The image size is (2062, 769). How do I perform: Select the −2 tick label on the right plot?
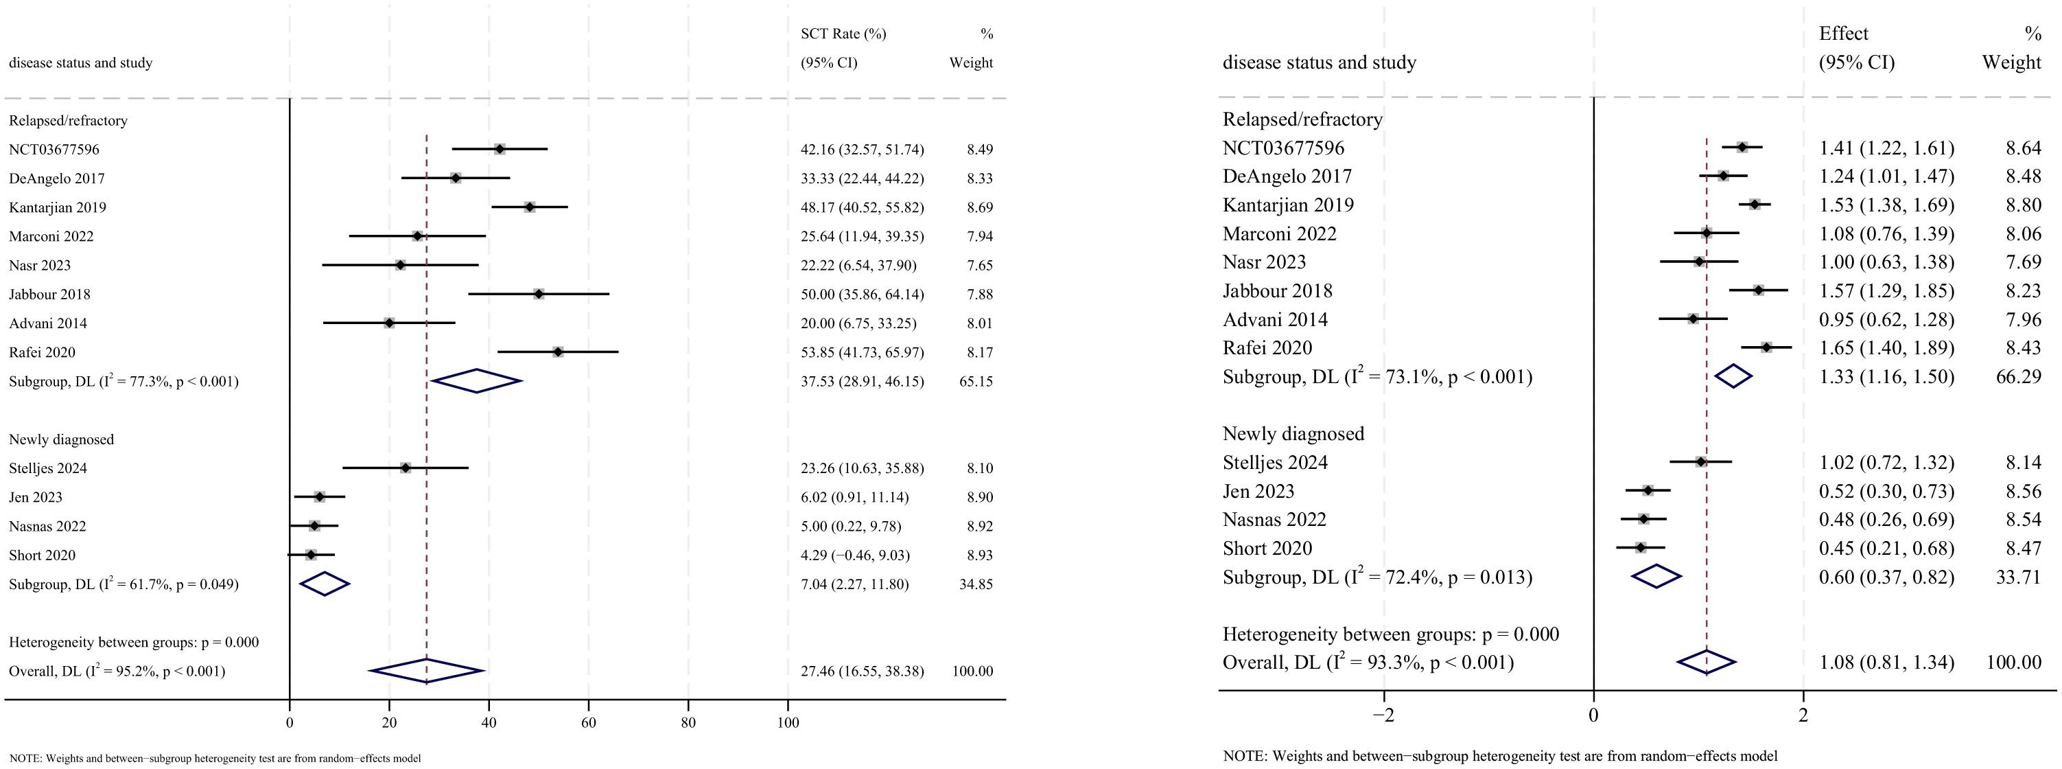[1383, 715]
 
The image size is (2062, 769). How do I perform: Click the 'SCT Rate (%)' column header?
[843, 34]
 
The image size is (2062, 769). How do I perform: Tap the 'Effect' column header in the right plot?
[1844, 34]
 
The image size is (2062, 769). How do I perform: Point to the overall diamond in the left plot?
[427, 672]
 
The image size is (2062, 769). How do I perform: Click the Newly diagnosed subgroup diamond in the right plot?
[1656, 577]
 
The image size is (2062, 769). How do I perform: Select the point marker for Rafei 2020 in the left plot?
[557, 352]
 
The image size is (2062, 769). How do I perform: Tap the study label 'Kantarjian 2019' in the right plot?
[1288, 205]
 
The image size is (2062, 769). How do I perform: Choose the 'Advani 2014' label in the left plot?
[48, 323]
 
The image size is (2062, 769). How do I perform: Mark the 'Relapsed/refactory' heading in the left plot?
[68, 120]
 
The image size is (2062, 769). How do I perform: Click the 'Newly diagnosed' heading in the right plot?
[1293, 433]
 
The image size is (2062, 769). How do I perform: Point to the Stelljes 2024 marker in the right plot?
[1700, 461]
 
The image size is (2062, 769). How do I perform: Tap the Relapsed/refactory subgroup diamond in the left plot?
[476, 381]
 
